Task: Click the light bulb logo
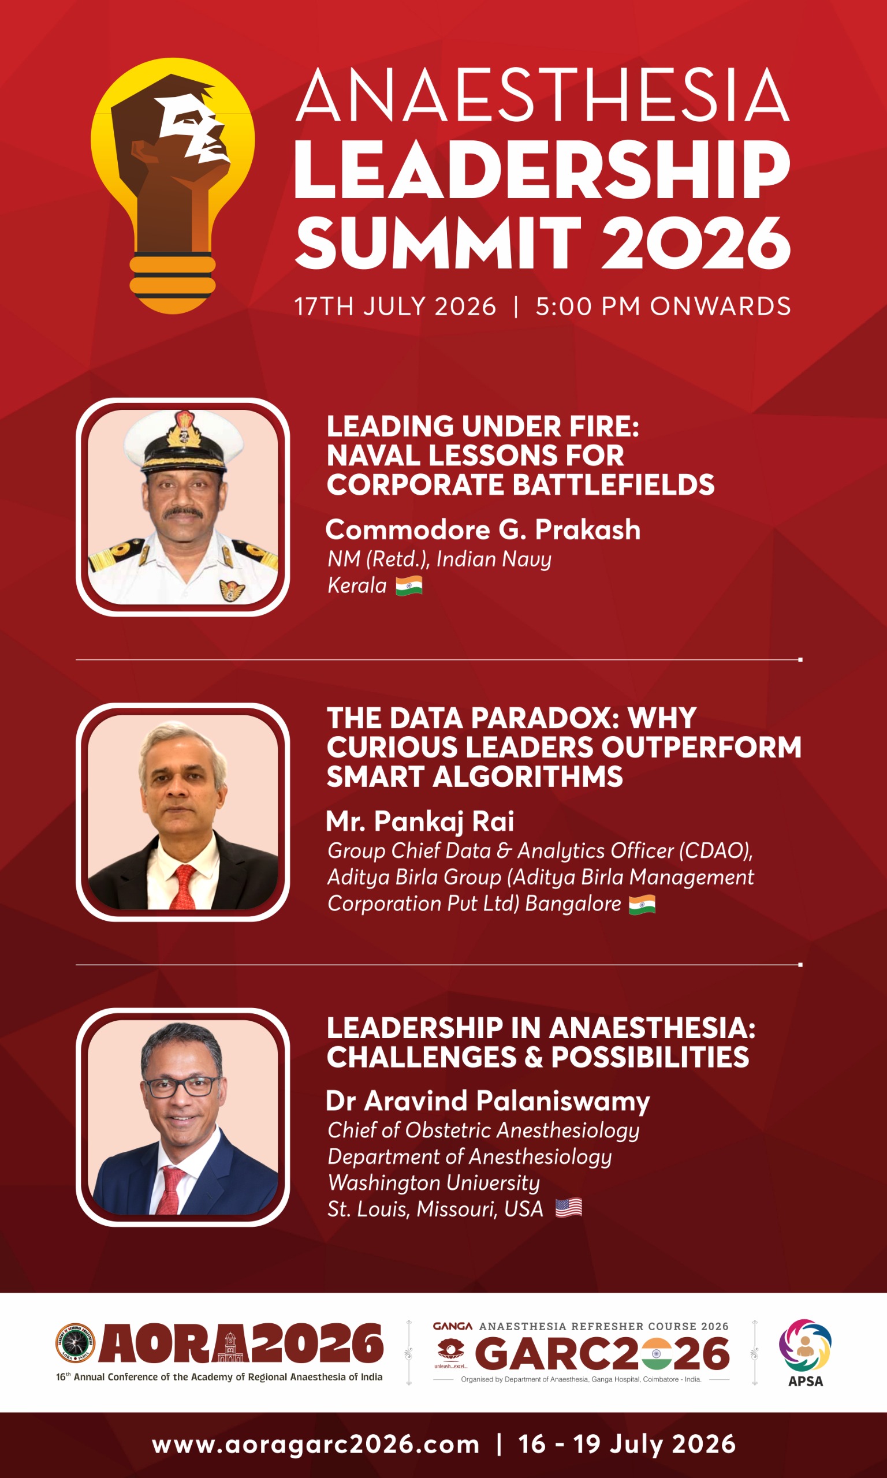click(172, 185)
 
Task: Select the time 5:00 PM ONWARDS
click(663, 307)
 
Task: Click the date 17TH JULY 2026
click(395, 307)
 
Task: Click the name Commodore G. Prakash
click(483, 529)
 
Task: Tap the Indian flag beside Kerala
click(409, 585)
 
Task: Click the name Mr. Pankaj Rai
click(420, 822)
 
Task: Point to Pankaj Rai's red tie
click(184, 887)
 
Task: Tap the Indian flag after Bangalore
click(642, 904)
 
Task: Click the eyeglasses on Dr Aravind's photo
click(181, 1087)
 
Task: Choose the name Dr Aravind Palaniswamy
click(488, 1101)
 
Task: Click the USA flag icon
click(568, 1208)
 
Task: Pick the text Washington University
click(434, 1183)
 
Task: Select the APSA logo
click(805, 1353)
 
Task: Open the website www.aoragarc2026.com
click(316, 1445)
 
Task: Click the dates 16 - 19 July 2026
click(627, 1445)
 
